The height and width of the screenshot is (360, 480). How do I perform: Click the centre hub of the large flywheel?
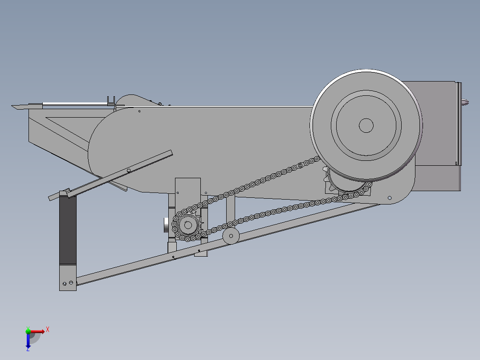coord(366,125)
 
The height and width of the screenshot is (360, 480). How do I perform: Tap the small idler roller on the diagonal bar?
coord(231,236)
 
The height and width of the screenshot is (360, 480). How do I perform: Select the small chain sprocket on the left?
coord(188,225)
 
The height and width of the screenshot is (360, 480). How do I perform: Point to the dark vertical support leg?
coord(68,230)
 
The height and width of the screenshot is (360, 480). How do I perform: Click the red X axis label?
coord(48,330)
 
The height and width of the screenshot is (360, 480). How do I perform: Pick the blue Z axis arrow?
coord(28,341)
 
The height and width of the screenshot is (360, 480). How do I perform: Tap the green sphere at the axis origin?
coord(28,331)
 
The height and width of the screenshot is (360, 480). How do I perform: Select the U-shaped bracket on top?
coord(111,101)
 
